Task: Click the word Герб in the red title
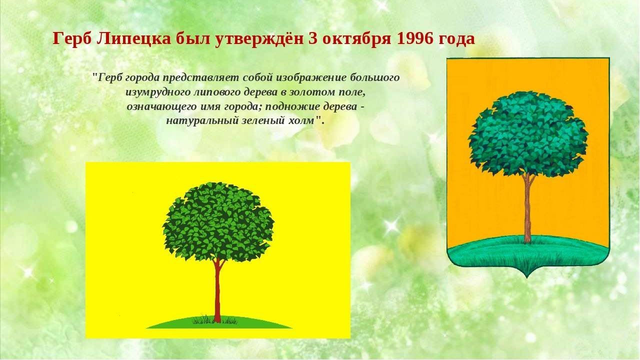pos(72,39)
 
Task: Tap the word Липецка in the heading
pos(133,39)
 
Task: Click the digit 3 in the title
pos(312,39)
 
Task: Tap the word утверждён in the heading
pos(258,39)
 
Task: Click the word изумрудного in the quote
pos(158,92)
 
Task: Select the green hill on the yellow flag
pos(219,322)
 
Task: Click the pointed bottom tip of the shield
pos(527,277)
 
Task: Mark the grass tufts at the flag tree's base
pos(215,319)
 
